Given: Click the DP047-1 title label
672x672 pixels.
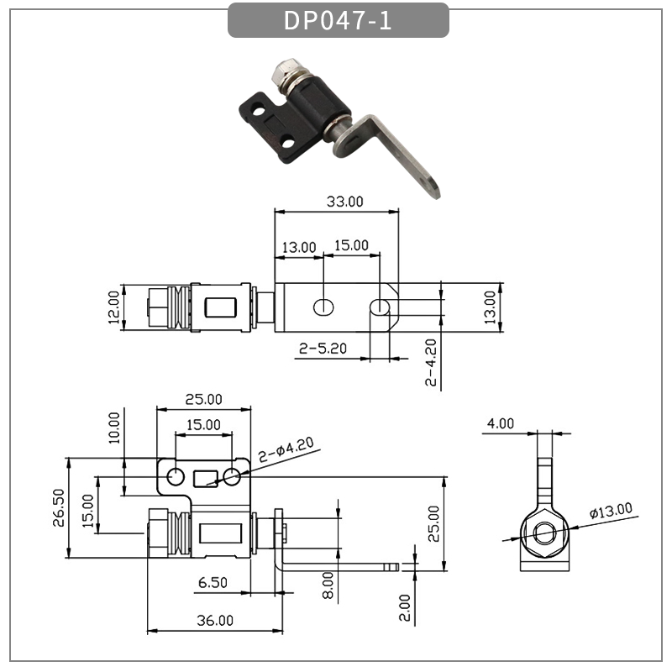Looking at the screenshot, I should click(338, 20).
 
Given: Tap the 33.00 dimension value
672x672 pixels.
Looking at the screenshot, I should click(344, 202).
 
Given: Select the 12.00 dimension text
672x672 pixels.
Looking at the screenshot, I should click(113, 309).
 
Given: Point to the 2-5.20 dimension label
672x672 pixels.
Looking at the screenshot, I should click(323, 348).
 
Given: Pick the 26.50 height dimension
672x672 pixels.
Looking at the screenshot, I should click(58, 508).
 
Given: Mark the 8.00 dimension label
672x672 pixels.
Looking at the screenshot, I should click(328, 581).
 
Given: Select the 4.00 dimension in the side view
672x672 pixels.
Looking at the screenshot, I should click(501, 423).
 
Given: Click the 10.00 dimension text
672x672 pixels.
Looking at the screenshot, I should click(114, 427).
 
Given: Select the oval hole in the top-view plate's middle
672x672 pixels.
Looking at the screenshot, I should click(323, 307).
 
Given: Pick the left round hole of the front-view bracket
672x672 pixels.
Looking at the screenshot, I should click(175, 477).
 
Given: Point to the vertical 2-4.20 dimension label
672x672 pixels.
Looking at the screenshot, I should click(431, 362).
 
